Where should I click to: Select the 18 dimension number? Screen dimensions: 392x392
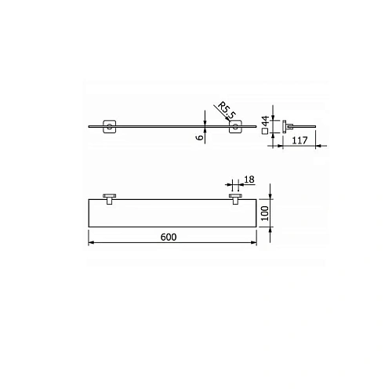(x=249, y=180)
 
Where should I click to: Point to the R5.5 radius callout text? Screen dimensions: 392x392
(x=227, y=111)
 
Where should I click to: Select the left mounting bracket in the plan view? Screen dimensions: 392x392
(x=110, y=197)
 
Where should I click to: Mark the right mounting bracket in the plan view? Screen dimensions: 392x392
(x=234, y=197)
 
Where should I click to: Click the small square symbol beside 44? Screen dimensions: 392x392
(x=266, y=132)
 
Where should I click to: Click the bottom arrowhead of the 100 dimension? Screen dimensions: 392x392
(x=270, y=227)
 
